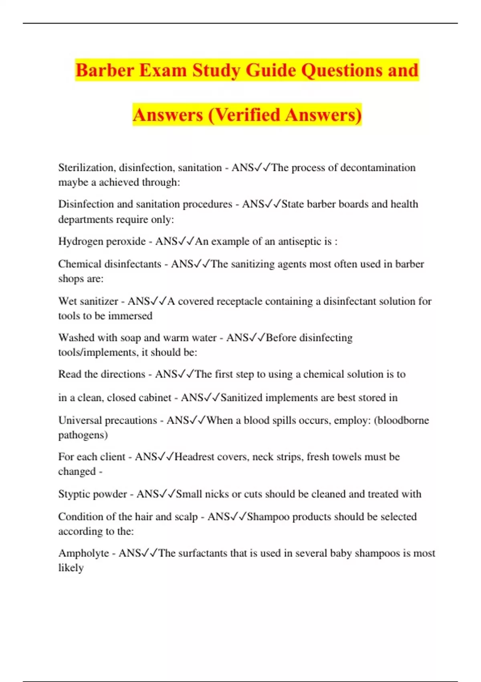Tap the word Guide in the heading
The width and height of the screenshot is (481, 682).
click(271, 71)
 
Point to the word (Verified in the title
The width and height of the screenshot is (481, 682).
click(244, 115)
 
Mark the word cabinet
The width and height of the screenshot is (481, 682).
click(153, 398)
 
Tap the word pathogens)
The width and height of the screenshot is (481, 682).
click(83, 435)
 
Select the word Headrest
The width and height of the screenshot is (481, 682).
click(194, 457)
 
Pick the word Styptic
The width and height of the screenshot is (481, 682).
click(73, 494)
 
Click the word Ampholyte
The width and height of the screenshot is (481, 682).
click(84, 553)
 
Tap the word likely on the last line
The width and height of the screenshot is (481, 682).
click(71, 568)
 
